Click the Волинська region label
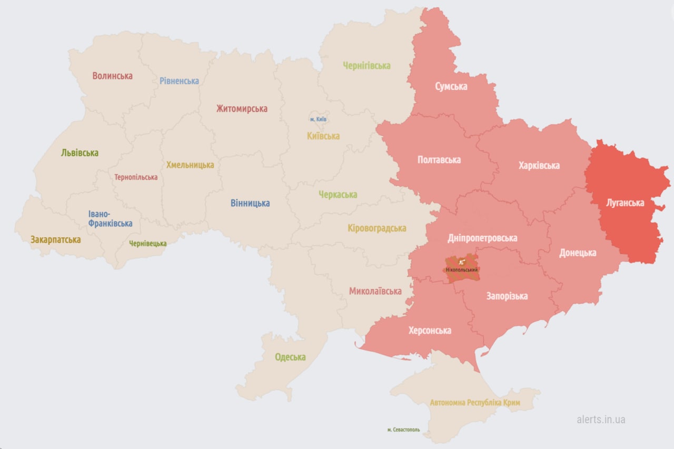112,76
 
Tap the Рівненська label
180,81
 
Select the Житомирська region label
242,109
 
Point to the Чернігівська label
366,66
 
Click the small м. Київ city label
319,119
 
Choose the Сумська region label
451,87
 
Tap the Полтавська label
439,159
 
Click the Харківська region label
539,166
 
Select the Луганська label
625,203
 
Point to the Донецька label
578,253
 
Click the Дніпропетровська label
482,238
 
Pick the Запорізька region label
507,296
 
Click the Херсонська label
430,331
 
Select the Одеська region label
290,357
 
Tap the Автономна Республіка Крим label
475,403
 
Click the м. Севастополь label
403,430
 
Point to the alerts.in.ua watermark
601,420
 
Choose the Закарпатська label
55,240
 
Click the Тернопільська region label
136,177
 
